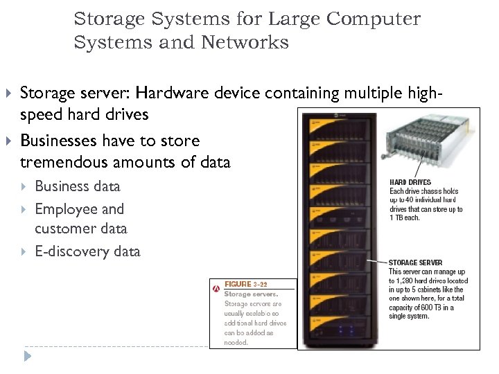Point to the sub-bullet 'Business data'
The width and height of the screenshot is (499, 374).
[77, 186]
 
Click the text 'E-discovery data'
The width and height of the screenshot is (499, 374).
[87, 251]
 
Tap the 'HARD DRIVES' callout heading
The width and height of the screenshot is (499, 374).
[410, 183]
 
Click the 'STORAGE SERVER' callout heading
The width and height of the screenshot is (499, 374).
[415, 262]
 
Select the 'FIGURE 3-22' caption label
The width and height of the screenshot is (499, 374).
[245, 285]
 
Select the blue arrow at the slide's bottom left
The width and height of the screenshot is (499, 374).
[27, 357]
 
